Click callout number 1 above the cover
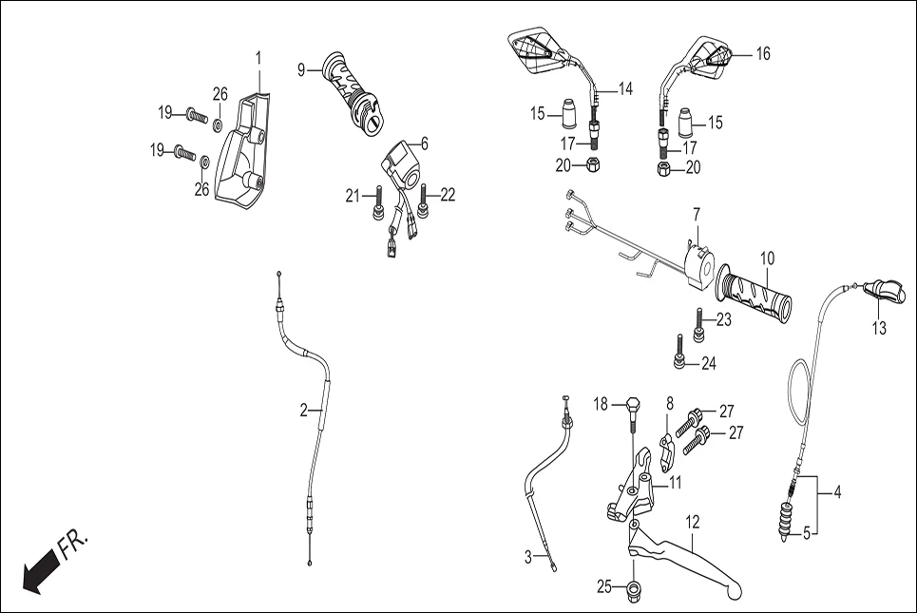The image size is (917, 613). coord(258,59)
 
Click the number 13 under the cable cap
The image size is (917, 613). coord(879,329)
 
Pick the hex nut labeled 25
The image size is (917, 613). coord(634,592)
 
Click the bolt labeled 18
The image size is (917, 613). coord(632,418)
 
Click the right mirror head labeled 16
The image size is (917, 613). coord(711,57)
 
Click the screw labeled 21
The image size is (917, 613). coord(378,198)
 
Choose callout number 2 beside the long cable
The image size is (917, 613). coord(304,412)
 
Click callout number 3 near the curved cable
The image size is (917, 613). coord(528,558)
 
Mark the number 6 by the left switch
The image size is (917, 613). coord(424,144)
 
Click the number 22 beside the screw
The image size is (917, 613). coord(448,195)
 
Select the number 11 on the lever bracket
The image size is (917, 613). coord(675,483)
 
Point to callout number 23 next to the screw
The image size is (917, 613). coord(724,320)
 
